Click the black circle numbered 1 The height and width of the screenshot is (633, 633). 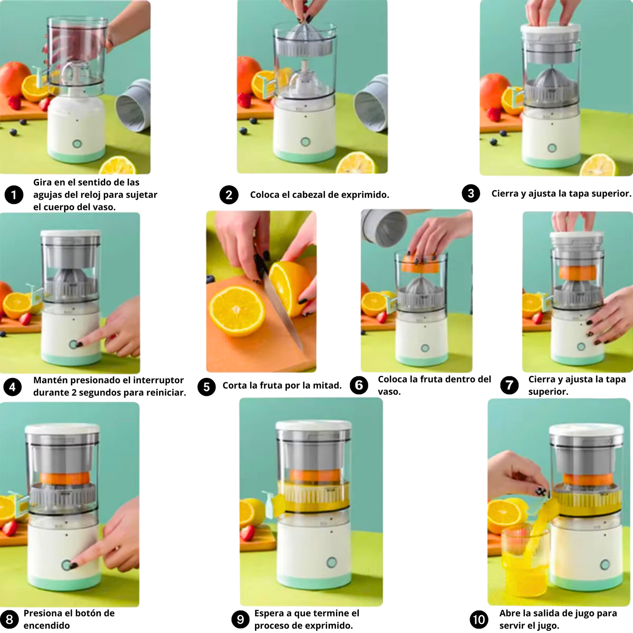point(14,195)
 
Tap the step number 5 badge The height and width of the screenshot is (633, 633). point(207,387)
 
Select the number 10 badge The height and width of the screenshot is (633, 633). point(479,619)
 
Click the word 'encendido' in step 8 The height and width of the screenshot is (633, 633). point(46,625)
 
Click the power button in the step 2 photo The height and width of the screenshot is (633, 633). point(305,142)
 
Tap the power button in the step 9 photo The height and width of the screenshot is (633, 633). point(332,562)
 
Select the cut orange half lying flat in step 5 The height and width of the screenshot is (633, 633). point(237,311)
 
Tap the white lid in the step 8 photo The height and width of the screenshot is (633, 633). point(62,429)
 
